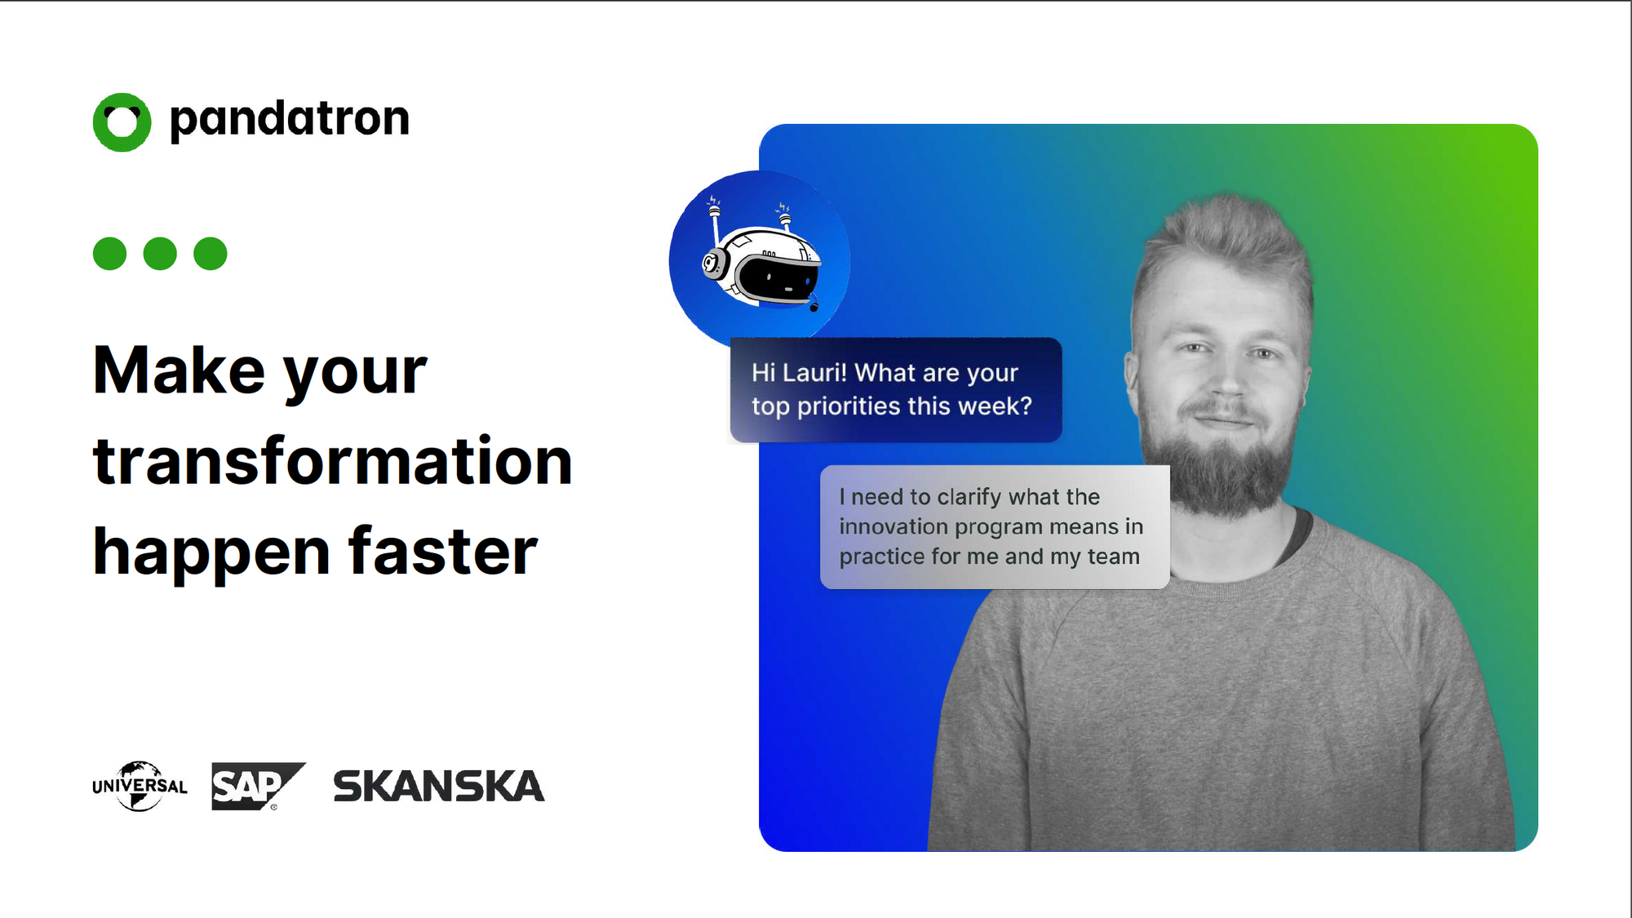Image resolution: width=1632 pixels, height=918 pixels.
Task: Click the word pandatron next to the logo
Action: tap(289, 120)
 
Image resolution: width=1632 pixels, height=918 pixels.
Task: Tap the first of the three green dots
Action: tap(110, 254)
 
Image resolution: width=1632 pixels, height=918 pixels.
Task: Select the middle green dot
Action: tap(160, 254)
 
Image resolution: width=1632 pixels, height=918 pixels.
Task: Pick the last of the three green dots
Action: tap(211, 254)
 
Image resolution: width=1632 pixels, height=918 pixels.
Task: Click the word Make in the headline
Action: tap(179, 370)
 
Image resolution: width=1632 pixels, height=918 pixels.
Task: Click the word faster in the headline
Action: tap(443, 552)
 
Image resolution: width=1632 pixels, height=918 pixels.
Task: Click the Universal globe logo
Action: tap(140, 786)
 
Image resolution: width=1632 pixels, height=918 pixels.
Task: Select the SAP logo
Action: tap(258, 786)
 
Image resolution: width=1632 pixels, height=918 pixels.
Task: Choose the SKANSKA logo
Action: tap(438, 786)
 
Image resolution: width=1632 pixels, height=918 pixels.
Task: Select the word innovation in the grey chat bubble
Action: tap(894, 526)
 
